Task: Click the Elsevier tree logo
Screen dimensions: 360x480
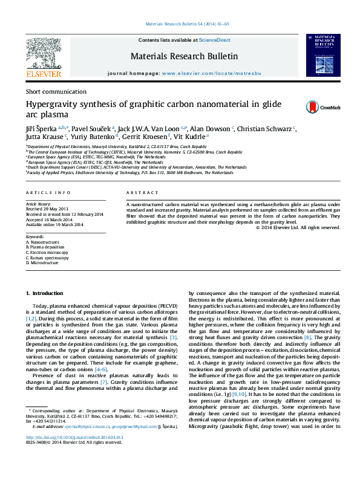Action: pos(43,55)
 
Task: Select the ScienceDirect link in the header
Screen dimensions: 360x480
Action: pos(215,40)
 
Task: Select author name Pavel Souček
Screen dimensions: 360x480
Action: pos(94,129)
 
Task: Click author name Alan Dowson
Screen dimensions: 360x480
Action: pos(212,129)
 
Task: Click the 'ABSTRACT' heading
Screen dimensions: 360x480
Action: pos(143,192)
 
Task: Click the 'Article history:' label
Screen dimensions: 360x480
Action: pos(38,205)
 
